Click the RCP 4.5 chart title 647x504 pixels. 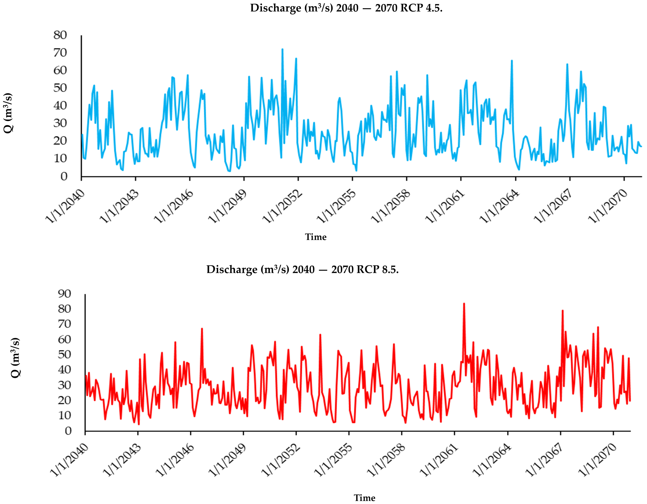346,8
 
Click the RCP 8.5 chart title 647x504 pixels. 302,269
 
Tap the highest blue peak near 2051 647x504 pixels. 282,50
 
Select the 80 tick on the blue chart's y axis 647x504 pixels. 60,35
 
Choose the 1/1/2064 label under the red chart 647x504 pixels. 492,460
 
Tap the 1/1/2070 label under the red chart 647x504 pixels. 598,460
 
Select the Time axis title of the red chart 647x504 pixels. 364,498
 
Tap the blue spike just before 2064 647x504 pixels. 512,61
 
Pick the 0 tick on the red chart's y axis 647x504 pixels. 68,431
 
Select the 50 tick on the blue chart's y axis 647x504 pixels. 60,88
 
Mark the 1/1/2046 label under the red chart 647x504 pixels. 175,460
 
